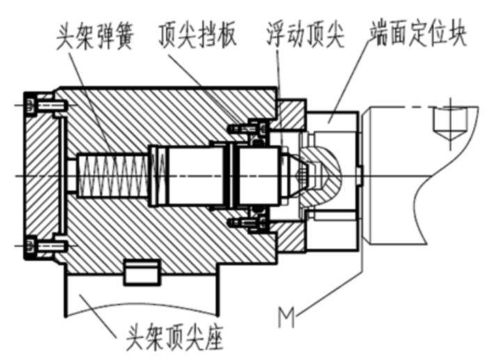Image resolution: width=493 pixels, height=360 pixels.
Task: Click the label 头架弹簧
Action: click(x=95, y=36)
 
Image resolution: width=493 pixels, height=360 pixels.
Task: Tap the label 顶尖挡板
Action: click(x=197, y=36)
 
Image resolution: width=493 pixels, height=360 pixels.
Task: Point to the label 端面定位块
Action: click(x=418, y=33)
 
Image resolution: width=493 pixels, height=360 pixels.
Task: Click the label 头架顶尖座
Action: click(x=175, y=338)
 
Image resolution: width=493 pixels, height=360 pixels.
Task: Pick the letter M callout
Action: click(x=286, y=318)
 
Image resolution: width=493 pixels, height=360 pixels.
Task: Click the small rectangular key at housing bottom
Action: click(x=141, y=272)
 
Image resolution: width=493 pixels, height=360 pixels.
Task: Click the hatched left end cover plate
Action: click(x=43, y=175)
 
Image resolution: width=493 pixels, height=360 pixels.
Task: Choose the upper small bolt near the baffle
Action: click(x=247, y=128)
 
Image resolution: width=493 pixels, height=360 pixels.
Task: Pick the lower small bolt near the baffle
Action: click(x=247, y=224)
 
